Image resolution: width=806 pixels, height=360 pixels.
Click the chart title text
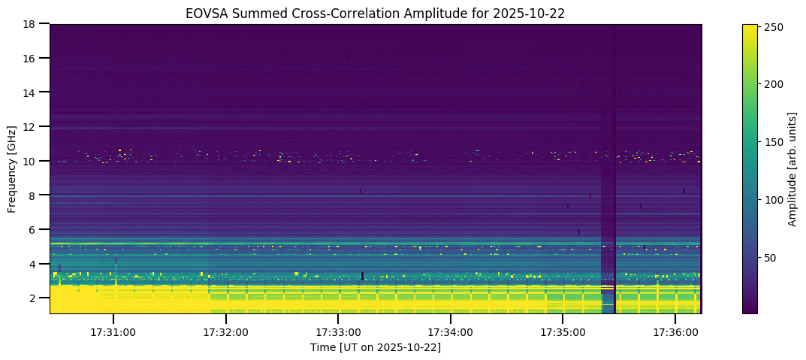(376, 14)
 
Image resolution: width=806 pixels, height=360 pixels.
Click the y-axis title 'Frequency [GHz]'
(12, 169)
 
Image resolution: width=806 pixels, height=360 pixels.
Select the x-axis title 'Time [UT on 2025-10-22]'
(376, 347)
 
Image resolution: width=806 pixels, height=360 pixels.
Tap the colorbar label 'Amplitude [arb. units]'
(792, 169)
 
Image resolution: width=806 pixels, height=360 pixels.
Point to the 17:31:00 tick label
(113, 331)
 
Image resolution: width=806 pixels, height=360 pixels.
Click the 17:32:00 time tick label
(226, 331)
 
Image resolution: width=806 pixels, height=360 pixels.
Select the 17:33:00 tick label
(338, 331)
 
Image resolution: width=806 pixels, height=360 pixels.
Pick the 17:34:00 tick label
(451, 331)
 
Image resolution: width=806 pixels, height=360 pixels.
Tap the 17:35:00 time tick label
(563, 331)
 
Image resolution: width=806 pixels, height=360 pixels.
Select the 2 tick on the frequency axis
(36, 298)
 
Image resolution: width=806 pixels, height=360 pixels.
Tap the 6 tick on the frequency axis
(36, 230)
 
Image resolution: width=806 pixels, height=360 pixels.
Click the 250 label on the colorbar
(775, 28)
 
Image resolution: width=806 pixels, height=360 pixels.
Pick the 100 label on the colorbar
(775, 200)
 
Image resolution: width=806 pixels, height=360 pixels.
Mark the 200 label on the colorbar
(775, 85)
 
